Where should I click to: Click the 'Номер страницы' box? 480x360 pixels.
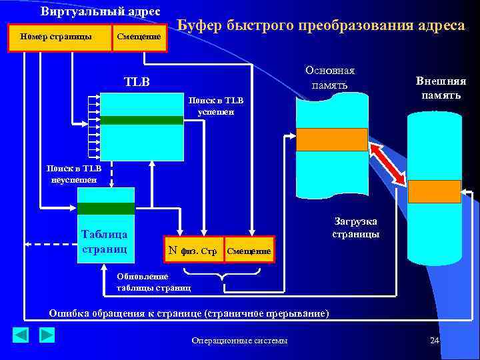click(x=59, y=37)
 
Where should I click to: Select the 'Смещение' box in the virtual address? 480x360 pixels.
click(x=138, y=37)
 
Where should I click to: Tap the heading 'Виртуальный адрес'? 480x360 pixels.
click(x=100, y=11)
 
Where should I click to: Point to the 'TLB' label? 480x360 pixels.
click(x=137, y=82)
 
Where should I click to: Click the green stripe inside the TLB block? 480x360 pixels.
click(x=141, y=121)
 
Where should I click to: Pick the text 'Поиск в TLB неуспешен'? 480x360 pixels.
click(x=73, y=173)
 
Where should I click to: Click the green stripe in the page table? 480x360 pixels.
click(x=106, y=209)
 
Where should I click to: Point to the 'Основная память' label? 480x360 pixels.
click(x=329, y=77)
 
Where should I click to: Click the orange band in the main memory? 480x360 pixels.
click(x=331, y=139)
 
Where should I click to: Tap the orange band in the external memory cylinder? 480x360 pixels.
click(x=434, y=191)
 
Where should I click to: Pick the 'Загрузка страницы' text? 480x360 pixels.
click(x=356, y=228)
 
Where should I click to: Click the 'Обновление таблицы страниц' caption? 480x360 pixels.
click(x=153, y=282)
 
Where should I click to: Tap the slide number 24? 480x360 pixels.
click(x=435, y=341)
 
